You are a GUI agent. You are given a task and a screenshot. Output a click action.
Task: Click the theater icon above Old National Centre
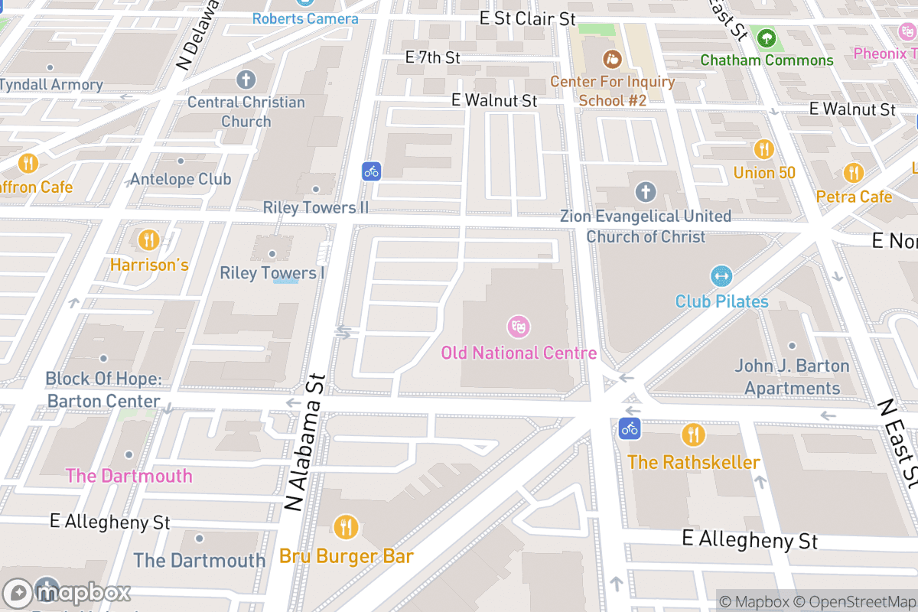pyautogui.click(x=519, y=327)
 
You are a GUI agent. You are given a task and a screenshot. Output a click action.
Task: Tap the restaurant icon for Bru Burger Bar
pyautogui.click(x=346, y=527)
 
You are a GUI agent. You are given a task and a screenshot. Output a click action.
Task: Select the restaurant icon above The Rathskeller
pyautogui.click(x=693, y=435)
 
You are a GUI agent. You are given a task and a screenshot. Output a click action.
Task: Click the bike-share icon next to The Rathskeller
pyautogui.click(x=630, y=428)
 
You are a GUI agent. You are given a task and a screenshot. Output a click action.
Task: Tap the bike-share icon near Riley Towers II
pyautogui.click(x=372, y=171)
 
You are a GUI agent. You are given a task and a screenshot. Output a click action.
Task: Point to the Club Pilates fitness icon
pyautogui.click(x=721, y=276)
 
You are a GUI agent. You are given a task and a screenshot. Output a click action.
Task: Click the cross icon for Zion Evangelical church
pyautogui.click(x=646, y=191)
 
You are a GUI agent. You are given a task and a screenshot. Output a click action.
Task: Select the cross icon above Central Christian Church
pyautogui.click(x=246, y=79)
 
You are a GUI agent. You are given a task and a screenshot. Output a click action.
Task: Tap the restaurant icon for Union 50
pyautogui.click(x=763, y=148)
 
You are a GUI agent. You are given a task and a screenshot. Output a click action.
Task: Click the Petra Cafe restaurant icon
pyautogui.click(x=854, y=173)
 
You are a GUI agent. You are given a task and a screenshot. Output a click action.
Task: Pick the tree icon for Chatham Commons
pyautogui.click(x=767, y=37)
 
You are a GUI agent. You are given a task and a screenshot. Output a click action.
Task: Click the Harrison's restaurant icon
pyautogui.click(x=148, y=240)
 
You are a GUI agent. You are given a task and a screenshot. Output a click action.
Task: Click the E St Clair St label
pyautogui.click(x=527, y=18)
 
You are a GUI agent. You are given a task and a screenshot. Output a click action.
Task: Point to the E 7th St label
pyautogui.click(x=432, y=57)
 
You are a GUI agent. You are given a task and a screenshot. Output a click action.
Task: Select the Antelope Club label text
pyautogui.click(x=181, y=179)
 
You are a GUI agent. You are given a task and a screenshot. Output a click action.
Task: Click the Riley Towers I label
pyautogui.click(x=272, y=273)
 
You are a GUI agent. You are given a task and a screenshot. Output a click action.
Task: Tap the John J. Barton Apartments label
pyautogui.click(x=792, y=377)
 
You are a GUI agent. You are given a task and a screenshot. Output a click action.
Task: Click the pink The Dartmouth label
pyautogui.click(x=129, y=476)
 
